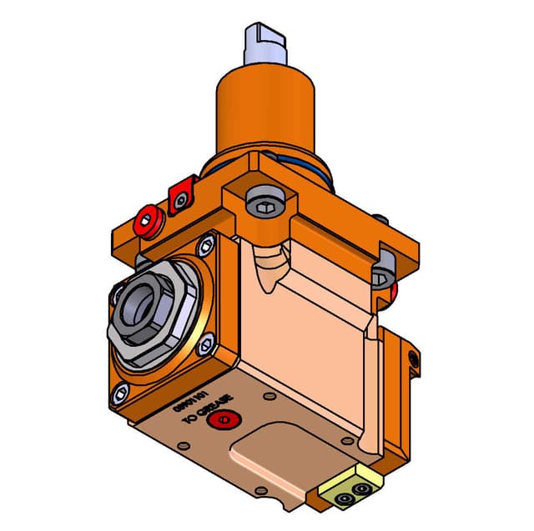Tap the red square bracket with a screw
[181, 197]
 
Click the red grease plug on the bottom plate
[221, 418]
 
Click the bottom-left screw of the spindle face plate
[119, 394]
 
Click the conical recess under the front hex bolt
[266, 267]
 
